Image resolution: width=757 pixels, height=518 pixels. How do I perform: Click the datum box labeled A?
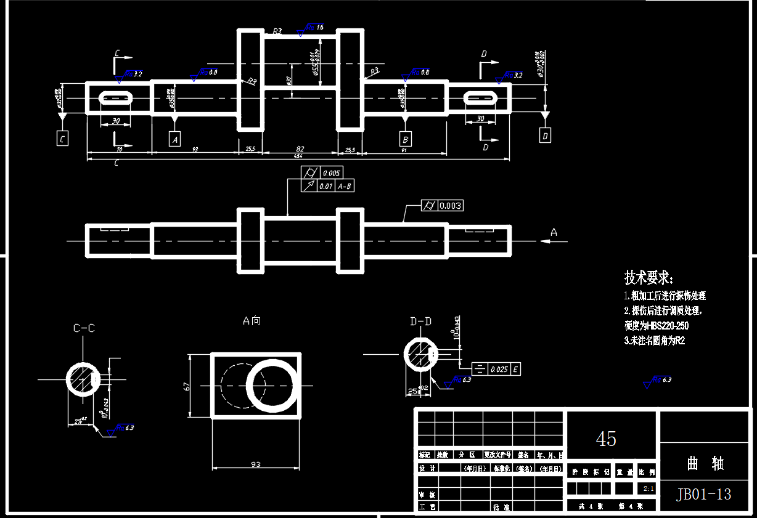175,139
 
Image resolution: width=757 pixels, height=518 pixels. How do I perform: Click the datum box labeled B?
405,138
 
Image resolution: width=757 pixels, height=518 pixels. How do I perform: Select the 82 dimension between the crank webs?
300,149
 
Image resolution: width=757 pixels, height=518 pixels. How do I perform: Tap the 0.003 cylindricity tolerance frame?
442,206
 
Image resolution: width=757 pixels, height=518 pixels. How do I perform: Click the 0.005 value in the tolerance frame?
330,173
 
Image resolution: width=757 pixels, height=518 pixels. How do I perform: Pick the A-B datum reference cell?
345,186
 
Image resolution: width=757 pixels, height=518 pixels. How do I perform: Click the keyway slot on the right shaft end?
480,98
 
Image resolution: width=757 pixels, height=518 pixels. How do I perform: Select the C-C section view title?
84,328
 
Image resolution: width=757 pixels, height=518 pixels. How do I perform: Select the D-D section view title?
420,321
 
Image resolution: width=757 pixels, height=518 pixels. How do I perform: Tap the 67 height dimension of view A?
187,386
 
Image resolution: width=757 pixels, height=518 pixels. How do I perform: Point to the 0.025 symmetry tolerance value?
499,370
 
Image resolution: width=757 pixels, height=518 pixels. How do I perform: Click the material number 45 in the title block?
606,439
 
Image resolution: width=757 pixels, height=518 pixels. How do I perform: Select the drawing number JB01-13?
703,494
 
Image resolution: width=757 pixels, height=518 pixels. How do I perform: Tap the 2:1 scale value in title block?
648,488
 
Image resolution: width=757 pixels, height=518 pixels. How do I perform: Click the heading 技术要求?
649,277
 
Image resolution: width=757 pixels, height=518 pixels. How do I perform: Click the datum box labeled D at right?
545,136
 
